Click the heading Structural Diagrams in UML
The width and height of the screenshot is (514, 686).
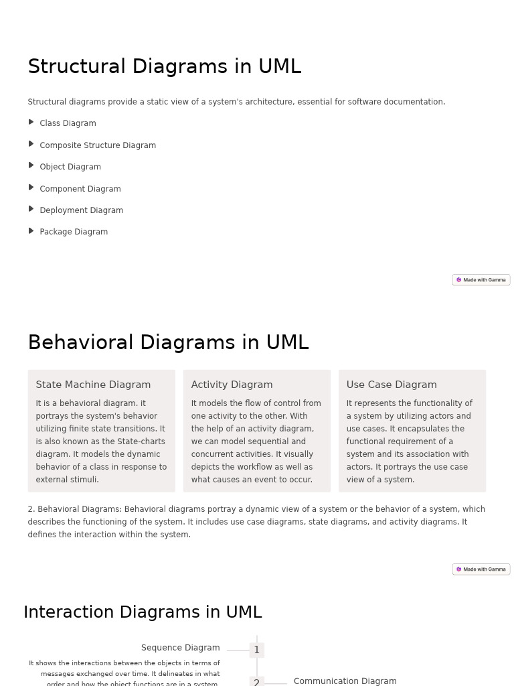164,67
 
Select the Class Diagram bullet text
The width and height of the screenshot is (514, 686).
68,123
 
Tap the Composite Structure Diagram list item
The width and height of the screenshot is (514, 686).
97,145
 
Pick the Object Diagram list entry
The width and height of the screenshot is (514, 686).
70,167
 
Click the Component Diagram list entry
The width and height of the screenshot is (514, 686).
80,189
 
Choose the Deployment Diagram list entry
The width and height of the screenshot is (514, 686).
81,210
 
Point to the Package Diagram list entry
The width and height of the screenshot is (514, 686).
74,232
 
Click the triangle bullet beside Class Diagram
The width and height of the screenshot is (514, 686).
31,122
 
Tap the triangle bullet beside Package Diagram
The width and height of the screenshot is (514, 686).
31,231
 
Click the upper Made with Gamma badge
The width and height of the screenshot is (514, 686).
481,280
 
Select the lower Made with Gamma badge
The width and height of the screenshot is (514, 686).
481,569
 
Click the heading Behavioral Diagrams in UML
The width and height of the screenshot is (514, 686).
168,342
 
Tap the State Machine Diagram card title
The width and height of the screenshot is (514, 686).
93,385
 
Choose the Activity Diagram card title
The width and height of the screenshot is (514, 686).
232,385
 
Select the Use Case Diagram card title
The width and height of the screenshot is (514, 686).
392,385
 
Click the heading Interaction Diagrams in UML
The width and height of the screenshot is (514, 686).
143,612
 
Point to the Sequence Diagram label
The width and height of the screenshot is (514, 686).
180,648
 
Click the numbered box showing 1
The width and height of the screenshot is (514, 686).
256,650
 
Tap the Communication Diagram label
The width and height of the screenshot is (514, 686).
345,681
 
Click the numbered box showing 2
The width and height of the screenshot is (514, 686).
256,681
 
